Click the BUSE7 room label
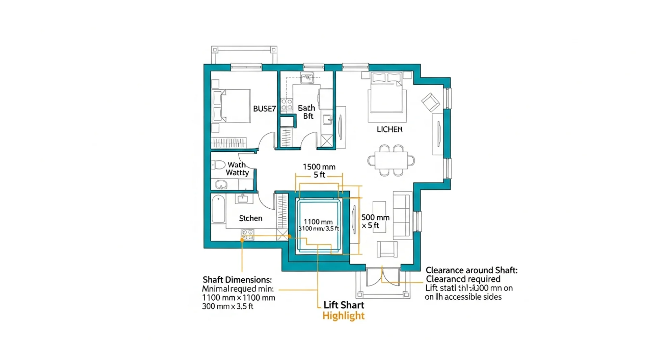coord(264,109)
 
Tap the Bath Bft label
coord(307,112)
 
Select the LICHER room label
coord(389,129)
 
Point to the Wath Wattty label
coord(237,169)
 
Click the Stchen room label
coord(250,218)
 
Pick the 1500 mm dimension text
coord(319,167)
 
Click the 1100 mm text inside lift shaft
coord(318,222)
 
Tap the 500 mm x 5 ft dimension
coord(375,221)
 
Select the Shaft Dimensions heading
coord(237,280)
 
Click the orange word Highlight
coord(343,316)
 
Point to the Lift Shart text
coord(344,305)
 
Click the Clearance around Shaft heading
coord(471,270)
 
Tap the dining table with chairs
coord(391,160)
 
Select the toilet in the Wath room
coord(218,165)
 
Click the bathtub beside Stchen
coord(218,209)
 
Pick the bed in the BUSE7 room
coord(232,106)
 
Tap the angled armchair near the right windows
coord(430,102)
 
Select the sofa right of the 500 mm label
coord(402,216)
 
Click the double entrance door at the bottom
coord(383,277)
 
